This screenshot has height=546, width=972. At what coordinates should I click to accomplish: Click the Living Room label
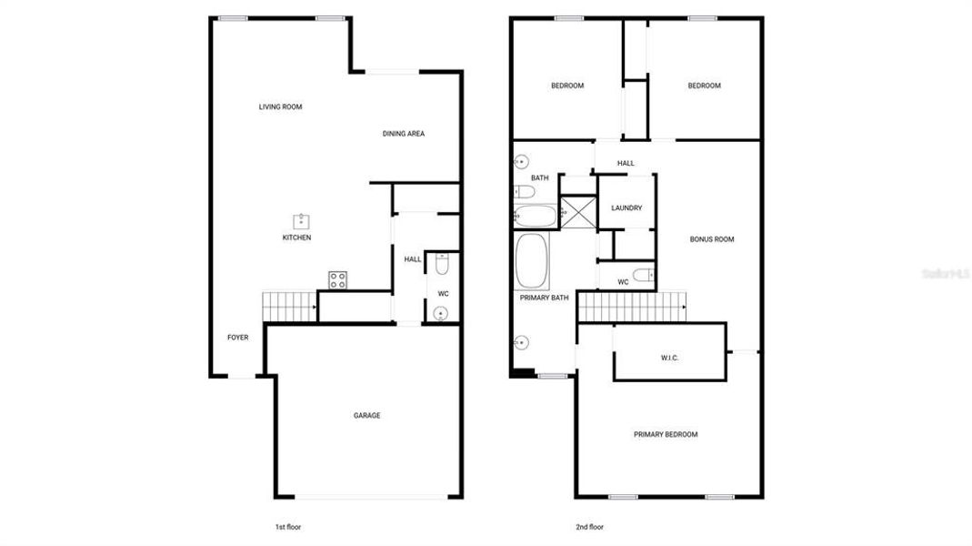(x=280, y=107)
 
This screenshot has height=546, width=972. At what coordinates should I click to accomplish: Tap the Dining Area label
(x=403, y=134)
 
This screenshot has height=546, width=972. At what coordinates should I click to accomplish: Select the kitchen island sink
(x=300, y=220)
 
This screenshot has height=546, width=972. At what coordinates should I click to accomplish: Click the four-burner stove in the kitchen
(x=336, y=280)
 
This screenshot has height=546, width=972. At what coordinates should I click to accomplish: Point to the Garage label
(x=366, y=416)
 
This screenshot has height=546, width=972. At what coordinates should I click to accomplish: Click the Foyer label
(x=237, y=338)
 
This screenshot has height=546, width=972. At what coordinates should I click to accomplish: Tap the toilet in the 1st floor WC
(x=442, y=265)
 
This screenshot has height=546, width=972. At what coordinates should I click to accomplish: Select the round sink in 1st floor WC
(x=441, y=314)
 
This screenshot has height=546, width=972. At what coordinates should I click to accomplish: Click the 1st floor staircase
(x=288, y=307)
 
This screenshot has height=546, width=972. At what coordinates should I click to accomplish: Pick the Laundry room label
(x=626, y=207)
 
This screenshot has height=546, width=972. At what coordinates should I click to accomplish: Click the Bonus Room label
(x=711, y=239)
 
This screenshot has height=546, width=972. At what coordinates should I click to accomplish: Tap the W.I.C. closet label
(x=669, y=358)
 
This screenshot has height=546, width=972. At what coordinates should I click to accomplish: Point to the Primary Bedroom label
(x=666, y=434)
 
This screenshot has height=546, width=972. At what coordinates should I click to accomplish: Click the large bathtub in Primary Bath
(x=532, y=262)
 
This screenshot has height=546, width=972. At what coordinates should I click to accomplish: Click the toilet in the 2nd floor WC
(x=643, y=275)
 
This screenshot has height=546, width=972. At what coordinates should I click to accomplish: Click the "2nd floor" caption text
(x=589, y=527)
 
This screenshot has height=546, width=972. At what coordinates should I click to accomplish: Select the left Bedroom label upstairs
(x=567, y=86)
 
